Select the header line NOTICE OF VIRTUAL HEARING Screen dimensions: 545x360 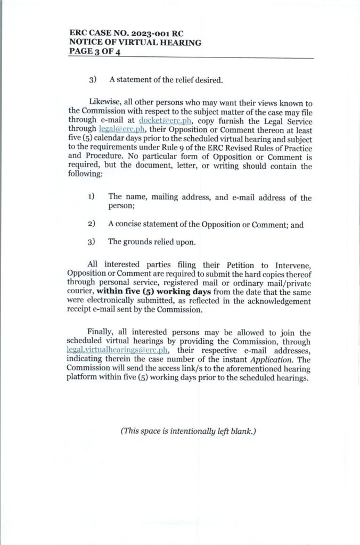pyautogui.click(x=135, y=42)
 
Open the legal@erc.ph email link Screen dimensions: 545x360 pyautogui.click(x=114, y=129)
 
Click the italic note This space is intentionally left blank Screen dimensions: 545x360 pyautogui.click(x=189, y=432)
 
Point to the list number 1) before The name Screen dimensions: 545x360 pyautogui.click(x=92, y=197)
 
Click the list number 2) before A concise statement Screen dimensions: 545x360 pyautogui.click(x=92, y=225)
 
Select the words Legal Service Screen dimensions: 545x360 pyautogui.click(x=288, y=121)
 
